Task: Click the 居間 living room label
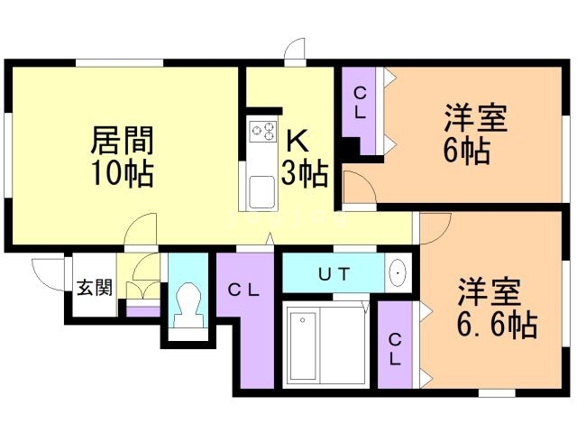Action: point(123,141)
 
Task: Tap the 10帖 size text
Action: point(123,173)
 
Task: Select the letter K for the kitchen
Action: point(298,141)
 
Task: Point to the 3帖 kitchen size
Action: point(305,173)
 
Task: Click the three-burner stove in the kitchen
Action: point(262,131)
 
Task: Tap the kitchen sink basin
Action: point(261,192)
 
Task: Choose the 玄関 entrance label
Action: point(95,288)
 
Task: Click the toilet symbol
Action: point(188,304)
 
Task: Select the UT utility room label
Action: point(334,274)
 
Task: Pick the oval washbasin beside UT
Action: point(398,272)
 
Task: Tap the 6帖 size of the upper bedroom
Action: point(467,151)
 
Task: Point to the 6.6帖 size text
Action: point(497,325)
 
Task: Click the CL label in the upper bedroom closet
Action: point(360,103)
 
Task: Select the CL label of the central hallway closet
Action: point(243,290)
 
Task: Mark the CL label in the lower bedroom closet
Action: point(395,349)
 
